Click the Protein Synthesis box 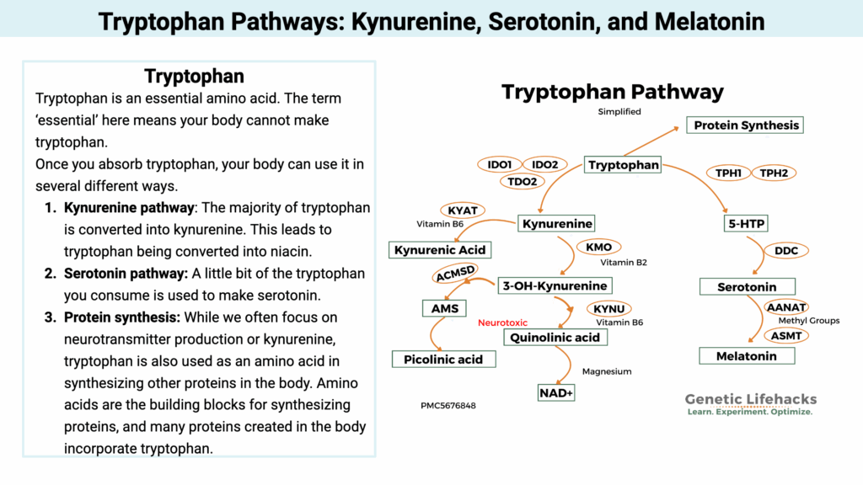pyautogui.click(x=746, y=125)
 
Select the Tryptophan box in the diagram pyautogui.click(x=623, y=165)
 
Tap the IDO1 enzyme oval pyautogui.click(x=500, y=164)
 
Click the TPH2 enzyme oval pyautogui.click(x=773, y=173)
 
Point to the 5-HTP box pyautogui.click(x=746, y=223)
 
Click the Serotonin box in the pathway pyautogui.click(x=747, y=287)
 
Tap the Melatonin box pyautogui.click(x=746, y=356)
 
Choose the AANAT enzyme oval pyautogui.click(x=786, y=307)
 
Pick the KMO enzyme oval pyautogui.click(x=598, y=248)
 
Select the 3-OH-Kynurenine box pyautogui.click(x=555, y=285)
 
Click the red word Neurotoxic pyautogui.click(x=503, y=322)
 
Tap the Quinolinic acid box pyautogui.click(x=555, y=338)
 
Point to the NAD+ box pyautogui.click(x=555, y=392)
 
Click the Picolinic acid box pyautogui.click(x=444, y=359)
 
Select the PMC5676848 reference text pyautogui.click(x=448, y=406)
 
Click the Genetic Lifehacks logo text pyautogui.click(x=750, y=400)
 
